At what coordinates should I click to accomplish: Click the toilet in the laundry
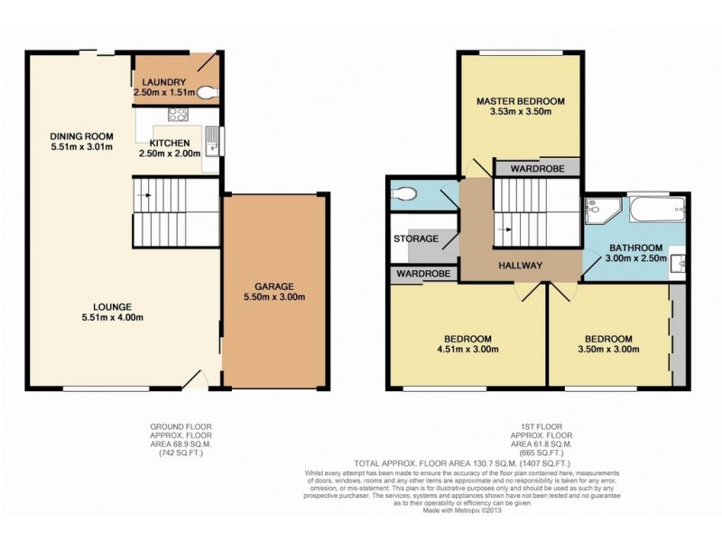tap(208, 90)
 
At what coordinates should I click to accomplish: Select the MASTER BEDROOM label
tap(521, 101)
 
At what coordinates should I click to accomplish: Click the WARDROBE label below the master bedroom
tap(537, 168)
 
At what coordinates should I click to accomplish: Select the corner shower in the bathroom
tap(598, 210)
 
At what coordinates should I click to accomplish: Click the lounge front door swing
tap(194, 379)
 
